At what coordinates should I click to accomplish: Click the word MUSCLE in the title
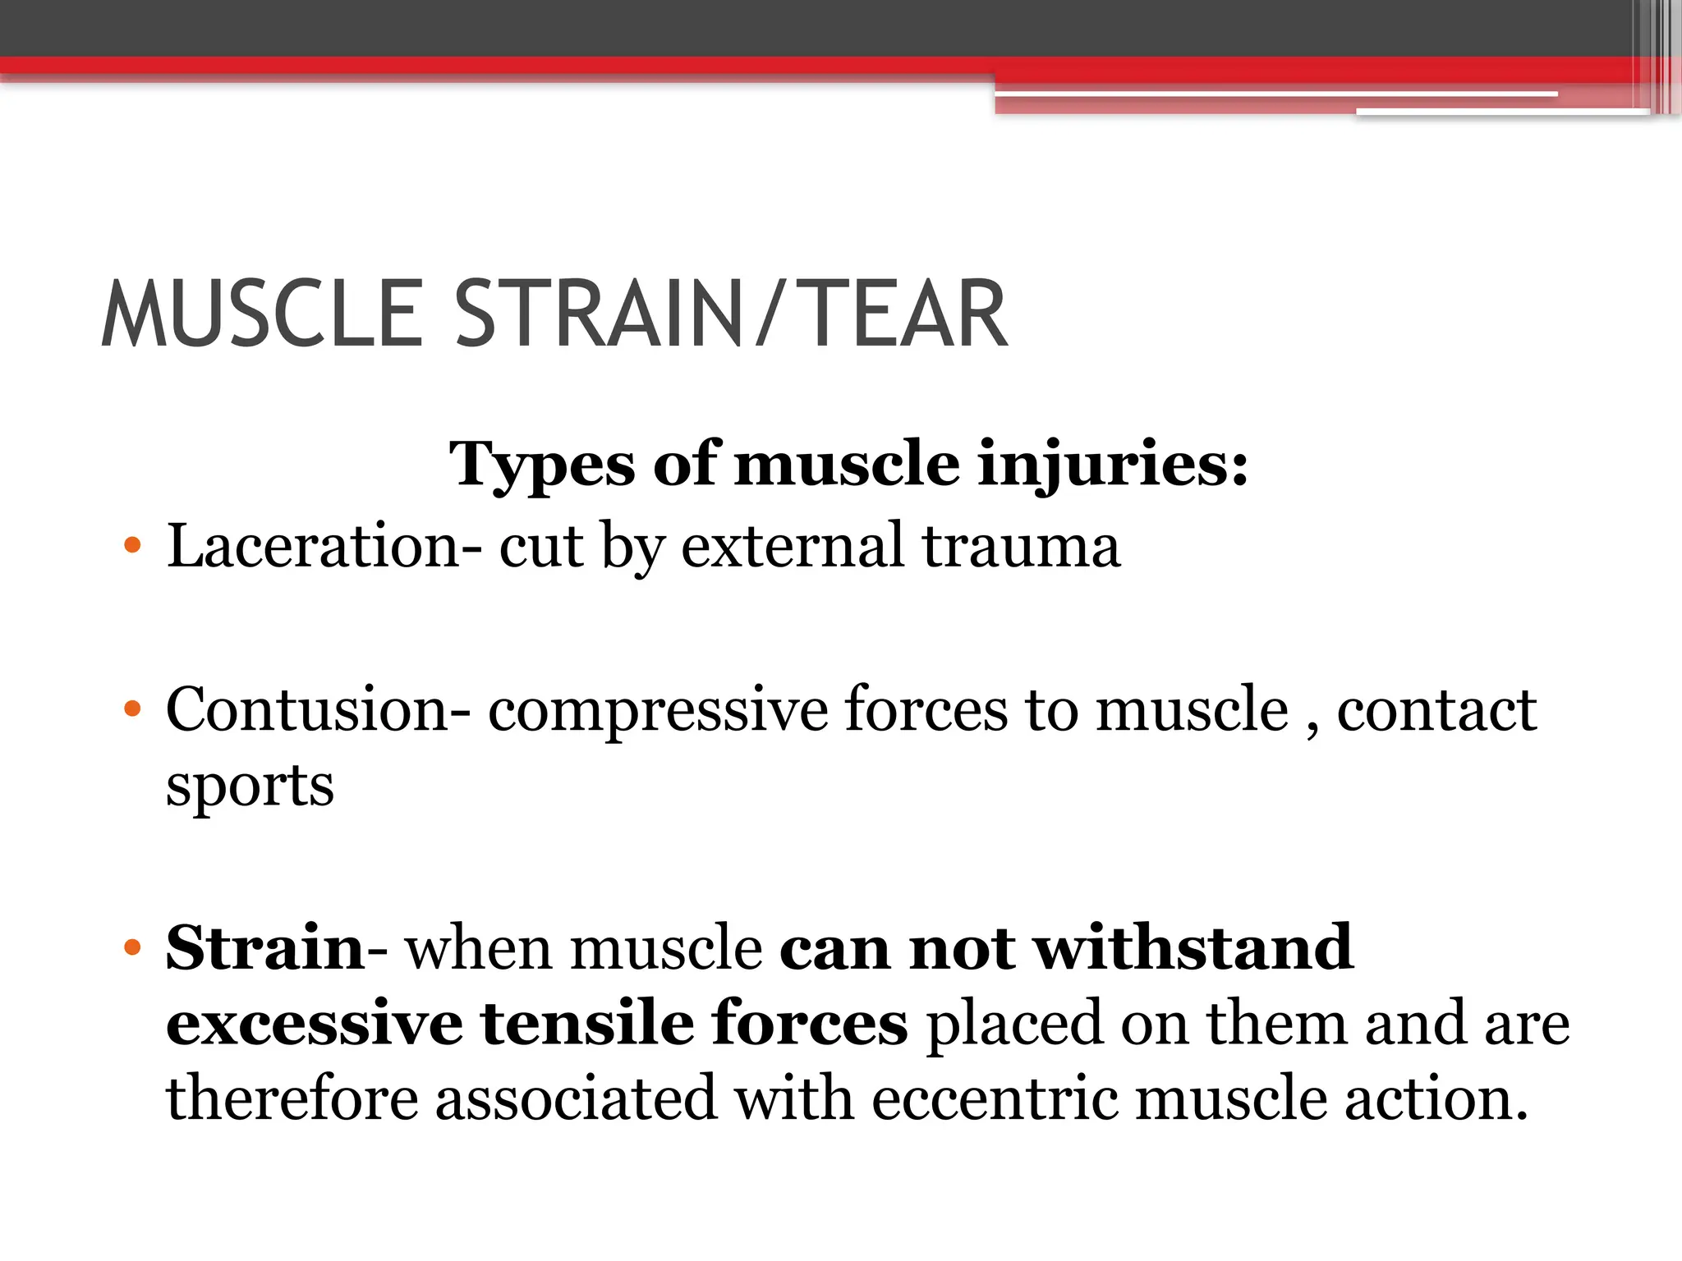pyautogui.click(x=261, y=314)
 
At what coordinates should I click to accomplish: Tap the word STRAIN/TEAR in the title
pyautogui.click(x=730, y=314)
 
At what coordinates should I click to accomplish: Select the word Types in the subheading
pyautogui.click(x=541, y=465)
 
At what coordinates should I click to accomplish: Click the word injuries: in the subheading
pyautogui.click(x=1113, y=465)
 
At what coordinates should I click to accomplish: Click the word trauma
pyautogui.click(x=1021, y=548)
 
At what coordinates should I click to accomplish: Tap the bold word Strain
pyautogui.click(x=264, y=947)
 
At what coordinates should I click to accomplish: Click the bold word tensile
pyautogui.click(x=587, y=1023)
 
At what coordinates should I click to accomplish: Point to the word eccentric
pyautogui.click(x=995, y=1099)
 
